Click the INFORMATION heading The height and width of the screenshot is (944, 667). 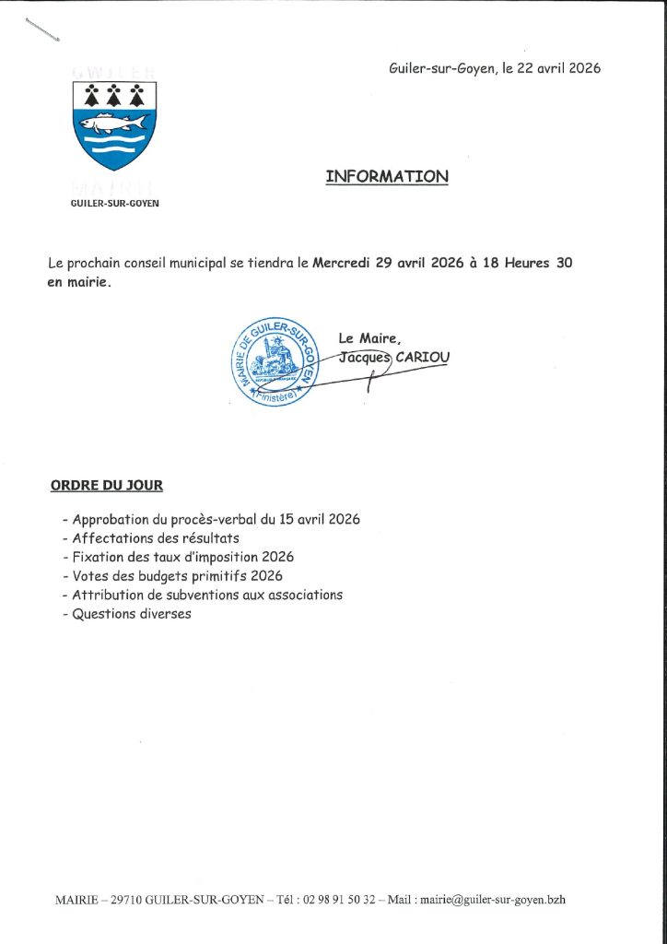tap(387, 176)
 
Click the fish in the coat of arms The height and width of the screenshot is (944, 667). tap(113, 123)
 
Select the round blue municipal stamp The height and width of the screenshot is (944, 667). tap(272, 360)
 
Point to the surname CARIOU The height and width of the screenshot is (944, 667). tap(423, 357)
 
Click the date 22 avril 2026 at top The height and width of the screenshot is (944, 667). tap(551, 68)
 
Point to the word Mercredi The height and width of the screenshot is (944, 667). tap(343, 263)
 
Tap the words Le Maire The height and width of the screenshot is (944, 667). tap(370, 337)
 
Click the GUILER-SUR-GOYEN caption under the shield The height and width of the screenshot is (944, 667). tap(114, 203)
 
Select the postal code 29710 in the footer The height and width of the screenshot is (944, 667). tap(125, 900)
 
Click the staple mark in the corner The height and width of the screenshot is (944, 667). tap(42, 29)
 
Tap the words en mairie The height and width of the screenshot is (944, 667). tap(79, 282)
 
